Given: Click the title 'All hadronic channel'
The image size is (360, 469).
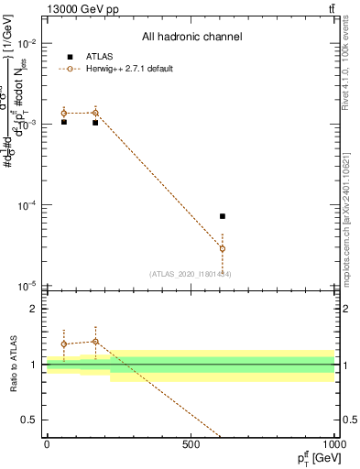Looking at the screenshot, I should tap(191, 38).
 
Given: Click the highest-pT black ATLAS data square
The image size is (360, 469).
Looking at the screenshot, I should tap(223, 216).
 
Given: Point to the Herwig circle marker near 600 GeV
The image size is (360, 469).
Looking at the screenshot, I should tap(223, 248).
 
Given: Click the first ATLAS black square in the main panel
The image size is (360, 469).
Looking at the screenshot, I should tap(64, 122).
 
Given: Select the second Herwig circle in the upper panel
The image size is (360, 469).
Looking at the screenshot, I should tap(95, 113).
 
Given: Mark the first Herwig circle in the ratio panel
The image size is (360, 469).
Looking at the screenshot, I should tap(64, 344).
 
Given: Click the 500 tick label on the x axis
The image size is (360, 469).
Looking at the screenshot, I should tap(190, 445).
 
